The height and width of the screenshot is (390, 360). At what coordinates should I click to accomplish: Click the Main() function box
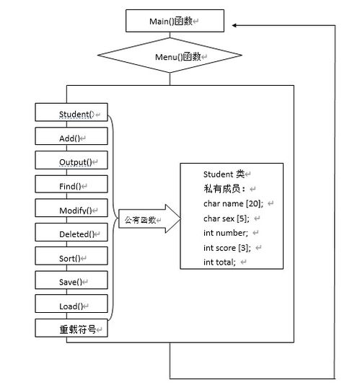click(x=175, y=21)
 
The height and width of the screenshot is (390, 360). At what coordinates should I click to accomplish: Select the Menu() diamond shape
click(x=170, y=56)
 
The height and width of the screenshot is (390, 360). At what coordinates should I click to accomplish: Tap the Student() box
click(x=71, y=112)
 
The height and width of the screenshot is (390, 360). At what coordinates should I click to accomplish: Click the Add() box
click(x=71, y=136)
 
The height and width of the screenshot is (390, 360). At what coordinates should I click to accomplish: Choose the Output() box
click(x=71, y=160)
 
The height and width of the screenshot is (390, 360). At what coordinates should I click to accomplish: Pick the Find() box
click(x=71, y=184)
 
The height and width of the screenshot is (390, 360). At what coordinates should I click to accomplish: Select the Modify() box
click(x=71, y=208)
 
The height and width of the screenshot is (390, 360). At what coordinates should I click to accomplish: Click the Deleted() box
click(x=71, y=232)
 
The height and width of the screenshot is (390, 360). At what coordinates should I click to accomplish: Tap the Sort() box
click(x=71, y=256)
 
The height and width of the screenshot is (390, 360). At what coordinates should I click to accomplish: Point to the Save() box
click(x=71, y=280)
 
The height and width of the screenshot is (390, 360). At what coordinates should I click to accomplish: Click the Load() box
click(x=71, y=303)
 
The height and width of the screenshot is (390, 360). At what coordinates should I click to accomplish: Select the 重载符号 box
click(x=71, y=328)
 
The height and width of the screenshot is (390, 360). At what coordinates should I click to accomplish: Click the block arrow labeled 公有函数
click(x=149, y=219)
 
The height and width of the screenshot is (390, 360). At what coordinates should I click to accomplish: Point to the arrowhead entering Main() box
click(x=234, y=25)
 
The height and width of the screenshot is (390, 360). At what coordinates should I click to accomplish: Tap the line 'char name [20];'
click(x=233, y=204)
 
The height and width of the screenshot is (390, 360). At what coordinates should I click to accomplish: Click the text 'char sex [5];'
click(x=227, y=218)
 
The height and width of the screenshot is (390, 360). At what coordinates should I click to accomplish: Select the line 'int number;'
click(x=226, y=233)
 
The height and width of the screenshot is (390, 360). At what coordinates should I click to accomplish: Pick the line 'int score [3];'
click(x=227, y=248)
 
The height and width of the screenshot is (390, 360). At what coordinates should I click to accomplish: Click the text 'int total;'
click(x=219, y=262)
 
